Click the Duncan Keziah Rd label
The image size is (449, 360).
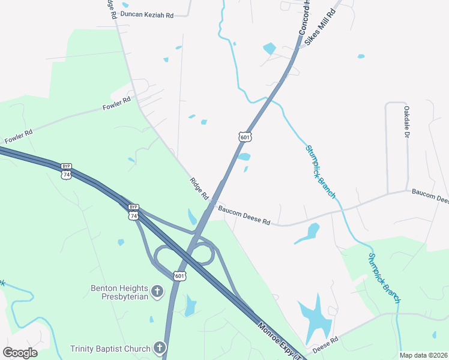tap(146, 14)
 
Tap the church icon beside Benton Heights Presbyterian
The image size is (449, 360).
tap(157, 292)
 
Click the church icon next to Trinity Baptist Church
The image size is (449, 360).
tap(160, 348)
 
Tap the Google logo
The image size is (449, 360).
tap(20, 353)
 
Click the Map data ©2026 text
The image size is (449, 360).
tap(423, 355)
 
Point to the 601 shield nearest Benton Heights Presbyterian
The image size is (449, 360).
tap(179, 275)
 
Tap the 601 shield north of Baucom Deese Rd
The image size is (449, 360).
tap(244, 137)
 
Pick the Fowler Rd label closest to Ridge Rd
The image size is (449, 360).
tap(117, 103)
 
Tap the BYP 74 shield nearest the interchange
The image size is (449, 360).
tap(133, 211)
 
